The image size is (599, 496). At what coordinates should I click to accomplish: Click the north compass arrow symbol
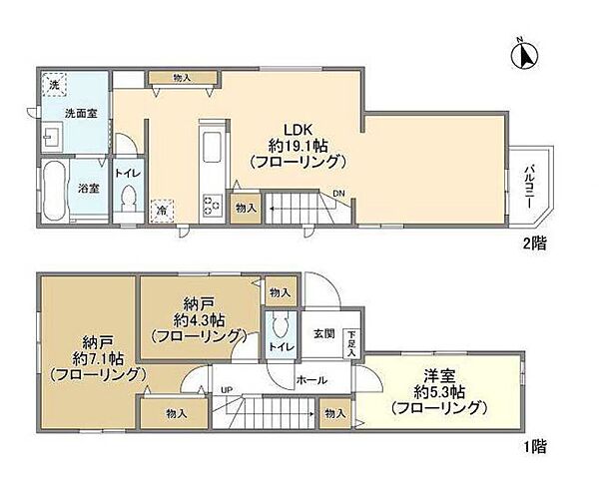522,53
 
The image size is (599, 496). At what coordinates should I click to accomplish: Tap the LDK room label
299,144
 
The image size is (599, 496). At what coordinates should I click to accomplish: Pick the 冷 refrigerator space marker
161,211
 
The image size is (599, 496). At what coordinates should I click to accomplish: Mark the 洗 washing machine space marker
54,85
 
